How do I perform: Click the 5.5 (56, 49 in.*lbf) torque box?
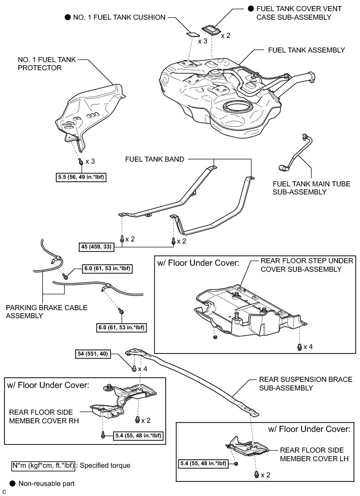(83, 177)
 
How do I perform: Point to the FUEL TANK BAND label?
(155, 159)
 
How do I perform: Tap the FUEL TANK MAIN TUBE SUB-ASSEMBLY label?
(311, 188)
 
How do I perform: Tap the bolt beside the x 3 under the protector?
(81, 162)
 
